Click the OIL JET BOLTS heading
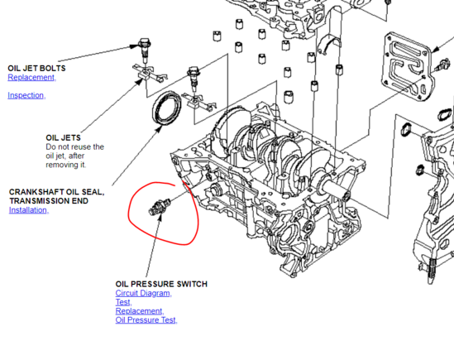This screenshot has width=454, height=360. point(36,68)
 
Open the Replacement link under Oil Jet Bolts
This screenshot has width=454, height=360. point(32,78)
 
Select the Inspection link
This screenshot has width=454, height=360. point(26,95)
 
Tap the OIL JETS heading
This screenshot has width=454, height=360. point(63,137)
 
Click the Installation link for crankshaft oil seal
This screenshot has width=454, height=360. point(29,210)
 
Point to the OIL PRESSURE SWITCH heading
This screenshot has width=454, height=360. point(161,284)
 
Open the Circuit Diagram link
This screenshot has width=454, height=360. point(144,293)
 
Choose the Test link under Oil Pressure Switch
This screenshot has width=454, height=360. point(124,302)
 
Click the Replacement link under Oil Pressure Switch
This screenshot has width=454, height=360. point(140,311)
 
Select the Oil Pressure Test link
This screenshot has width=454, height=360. point(146,320)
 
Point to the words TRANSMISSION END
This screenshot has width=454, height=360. point(49,201)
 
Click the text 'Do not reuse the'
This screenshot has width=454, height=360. point(74,146)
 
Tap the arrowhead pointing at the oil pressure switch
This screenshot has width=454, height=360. point(159,217)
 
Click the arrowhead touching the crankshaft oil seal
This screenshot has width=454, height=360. point(159,129)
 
